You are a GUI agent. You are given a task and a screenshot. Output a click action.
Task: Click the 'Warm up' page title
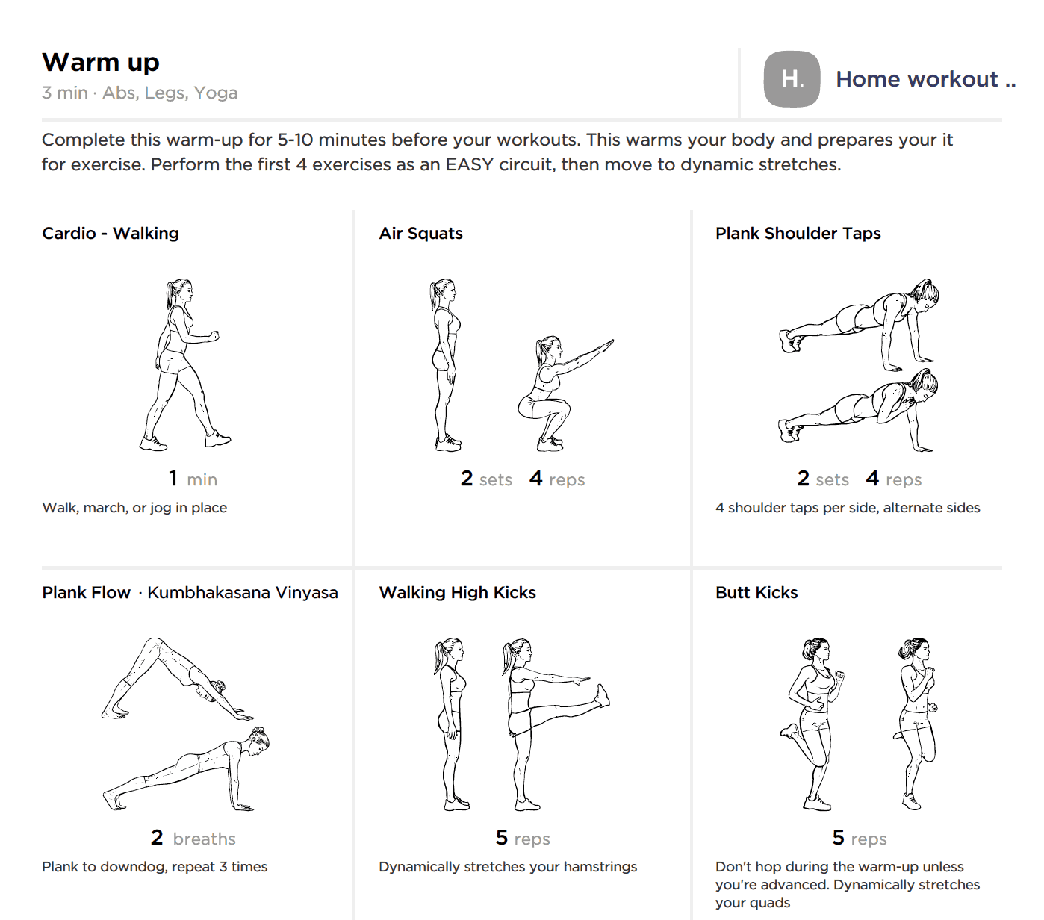tap(101, 63)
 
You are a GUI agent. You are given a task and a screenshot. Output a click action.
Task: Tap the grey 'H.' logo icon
tap(792, 79)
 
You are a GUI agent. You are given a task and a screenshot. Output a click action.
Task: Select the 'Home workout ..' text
tap(925, 79)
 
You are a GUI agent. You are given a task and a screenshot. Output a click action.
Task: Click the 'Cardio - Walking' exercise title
tap(111, 234)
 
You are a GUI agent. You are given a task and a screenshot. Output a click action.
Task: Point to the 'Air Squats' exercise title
tap(420, 234)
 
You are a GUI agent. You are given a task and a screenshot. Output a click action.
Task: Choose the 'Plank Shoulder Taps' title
tap(798, 234)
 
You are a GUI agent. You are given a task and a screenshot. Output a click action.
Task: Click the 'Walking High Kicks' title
tap(457, 593)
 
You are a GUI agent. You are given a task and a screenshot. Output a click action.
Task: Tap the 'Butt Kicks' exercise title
tap(756, 593)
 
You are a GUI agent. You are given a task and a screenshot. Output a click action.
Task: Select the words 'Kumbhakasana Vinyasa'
tap(243, 593)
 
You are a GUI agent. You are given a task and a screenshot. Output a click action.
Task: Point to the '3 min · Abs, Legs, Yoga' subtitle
tap(140, 93)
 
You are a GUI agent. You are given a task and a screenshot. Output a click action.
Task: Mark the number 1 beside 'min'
tap(174, 479)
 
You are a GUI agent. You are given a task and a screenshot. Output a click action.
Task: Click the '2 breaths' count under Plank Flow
tap(193, 838)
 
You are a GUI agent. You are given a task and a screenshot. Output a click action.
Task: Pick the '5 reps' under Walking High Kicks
tap(523, 838)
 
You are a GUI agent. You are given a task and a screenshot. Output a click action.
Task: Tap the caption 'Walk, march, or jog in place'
tap(134, 508)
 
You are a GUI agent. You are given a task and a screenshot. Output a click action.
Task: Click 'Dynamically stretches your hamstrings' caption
tap(508, 867)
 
